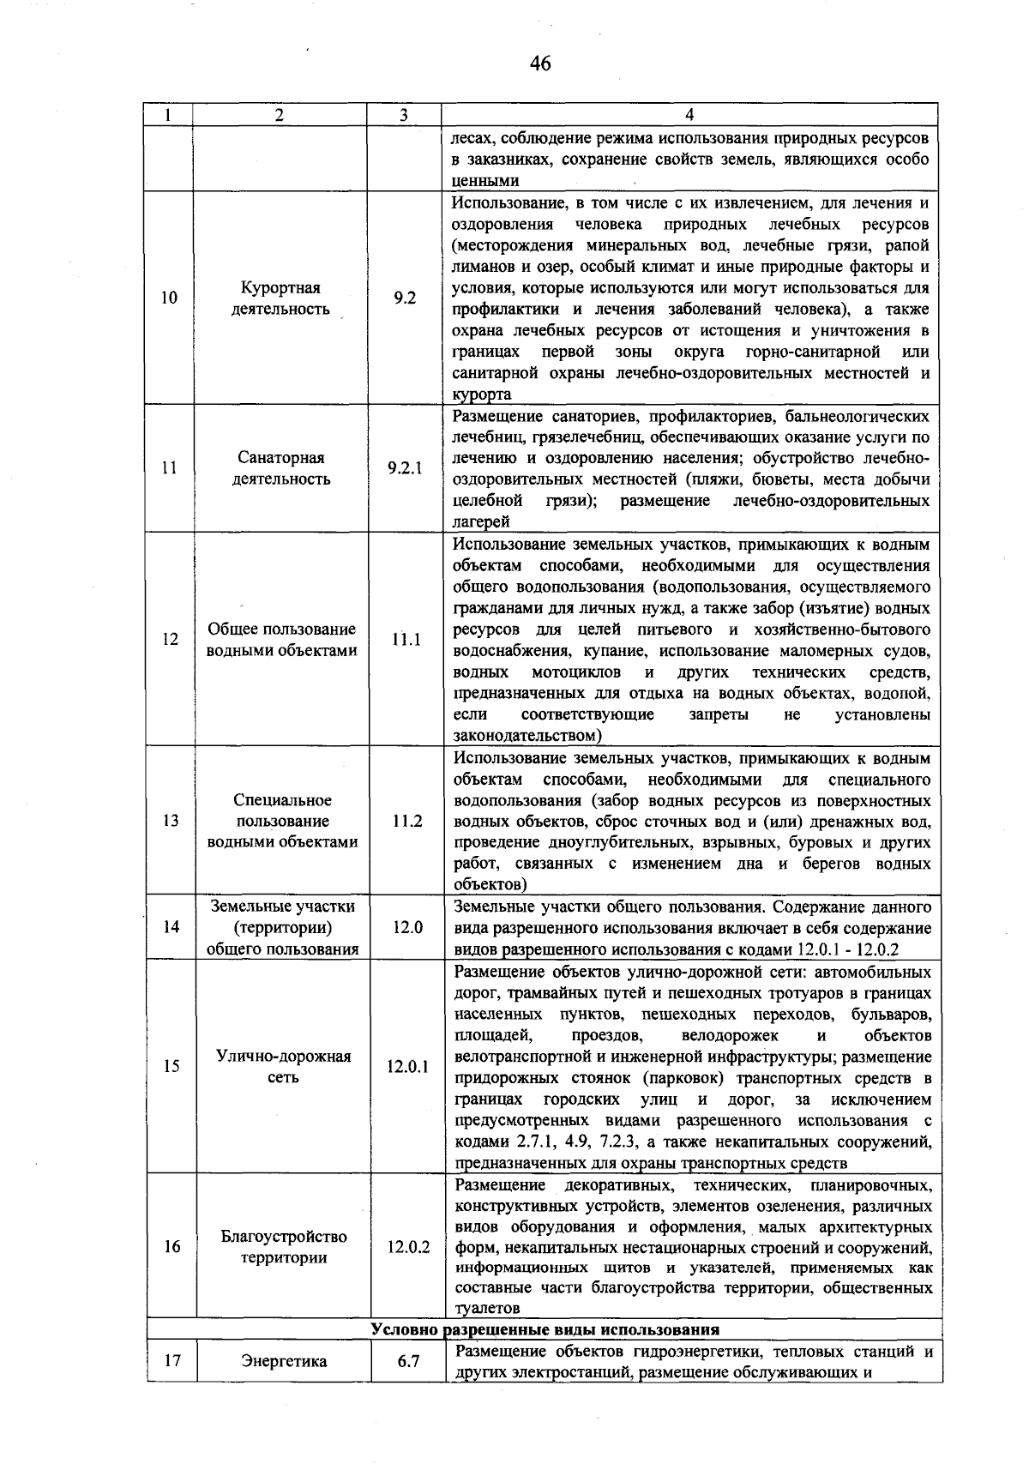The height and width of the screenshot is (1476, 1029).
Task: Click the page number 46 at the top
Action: point(540,63)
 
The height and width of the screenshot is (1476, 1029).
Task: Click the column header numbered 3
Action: point(404,116)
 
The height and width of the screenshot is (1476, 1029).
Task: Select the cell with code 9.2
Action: point(404,298)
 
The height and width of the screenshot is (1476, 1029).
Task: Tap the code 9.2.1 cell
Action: point(404,468)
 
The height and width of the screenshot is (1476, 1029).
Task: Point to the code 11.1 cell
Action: point(405,640)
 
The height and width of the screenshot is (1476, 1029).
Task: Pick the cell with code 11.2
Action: point(406,821)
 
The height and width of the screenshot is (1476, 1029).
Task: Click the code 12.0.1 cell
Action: point(407,1067)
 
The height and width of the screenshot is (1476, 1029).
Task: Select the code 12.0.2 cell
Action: point(408,1247)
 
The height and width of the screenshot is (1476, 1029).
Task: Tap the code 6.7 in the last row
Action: point(408,1361)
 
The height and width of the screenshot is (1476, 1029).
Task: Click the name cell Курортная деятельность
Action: point(280,298)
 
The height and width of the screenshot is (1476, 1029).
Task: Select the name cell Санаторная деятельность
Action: point(281,468)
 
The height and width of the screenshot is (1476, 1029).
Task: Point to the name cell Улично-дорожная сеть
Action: point(283,1067)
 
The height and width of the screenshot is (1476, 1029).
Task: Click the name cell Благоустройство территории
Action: point(284,1247)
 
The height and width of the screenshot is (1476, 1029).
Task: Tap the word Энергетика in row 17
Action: point(284,1361)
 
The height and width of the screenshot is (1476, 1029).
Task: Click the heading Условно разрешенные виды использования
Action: point(545,1330)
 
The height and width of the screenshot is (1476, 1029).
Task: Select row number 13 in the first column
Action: point(170,821)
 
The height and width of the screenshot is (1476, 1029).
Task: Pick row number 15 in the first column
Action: point(171,1067)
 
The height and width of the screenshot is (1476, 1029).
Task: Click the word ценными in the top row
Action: point(485,181)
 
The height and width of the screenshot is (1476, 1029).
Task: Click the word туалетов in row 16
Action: point(487,1309)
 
